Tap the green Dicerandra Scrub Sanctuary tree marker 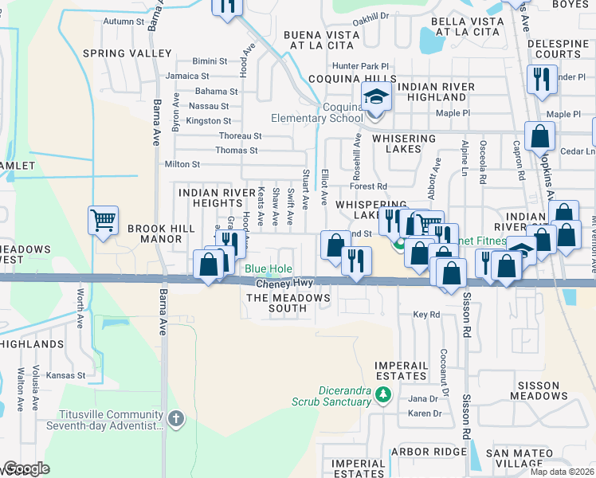(383, 394)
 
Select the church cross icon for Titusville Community (177, 418)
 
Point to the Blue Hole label (268, 269)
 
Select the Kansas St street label (65, 374)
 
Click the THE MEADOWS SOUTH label (288, 303)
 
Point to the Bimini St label (211, 61)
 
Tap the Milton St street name (182, 164)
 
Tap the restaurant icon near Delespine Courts (541, 78)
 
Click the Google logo (25, 468)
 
